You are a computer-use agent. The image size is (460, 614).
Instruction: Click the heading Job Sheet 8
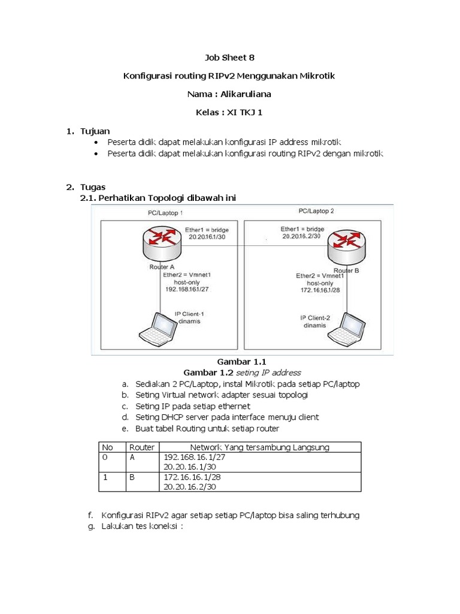229,58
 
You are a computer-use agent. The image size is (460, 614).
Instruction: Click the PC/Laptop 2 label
316,211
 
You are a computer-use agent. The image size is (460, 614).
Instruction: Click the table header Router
141,447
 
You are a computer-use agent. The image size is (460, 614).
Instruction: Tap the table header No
108,447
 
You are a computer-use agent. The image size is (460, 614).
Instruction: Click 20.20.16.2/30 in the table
189,487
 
